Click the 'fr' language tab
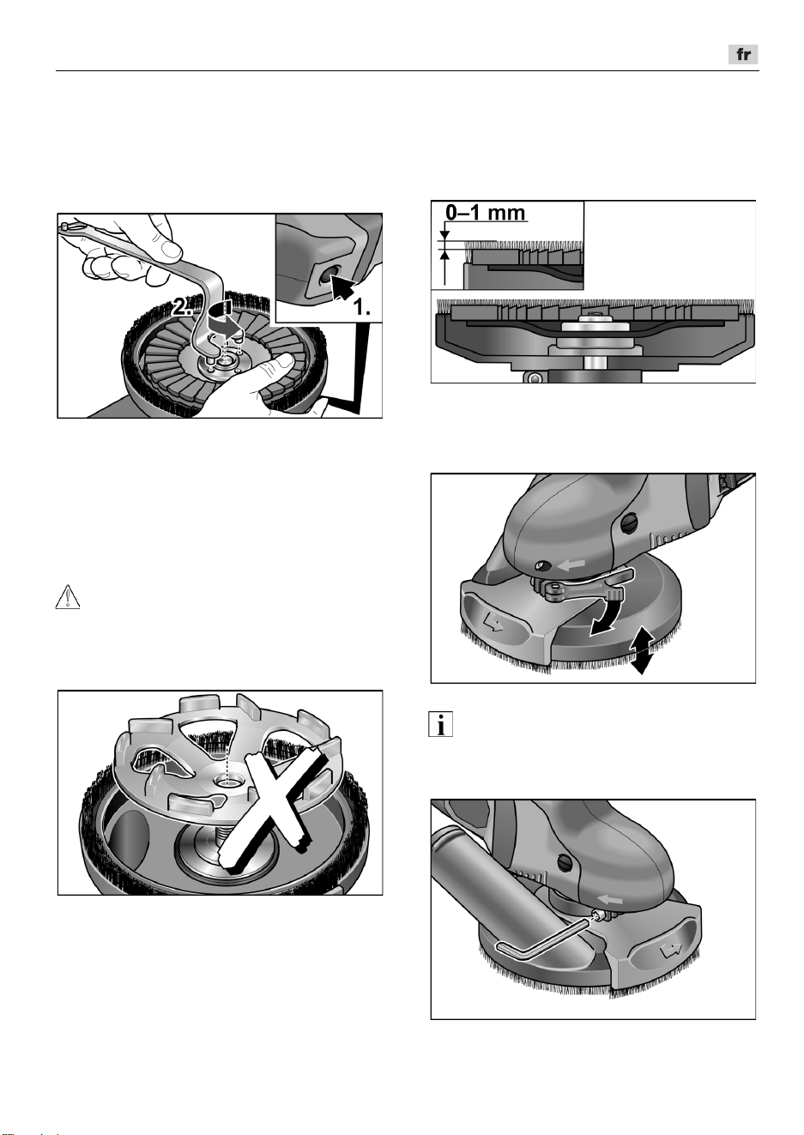tap(743, 54)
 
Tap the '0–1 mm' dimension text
tap(485, 213)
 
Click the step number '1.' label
tap(360, 307)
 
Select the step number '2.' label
tap(181, 306)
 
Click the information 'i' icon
tap(440, 725)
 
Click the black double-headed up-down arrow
tap(641, 649)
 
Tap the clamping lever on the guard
tap(583, 583)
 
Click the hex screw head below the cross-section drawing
tap(533, 377)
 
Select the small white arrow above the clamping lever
tap(571, 564)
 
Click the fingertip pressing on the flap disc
tap(283, 361)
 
